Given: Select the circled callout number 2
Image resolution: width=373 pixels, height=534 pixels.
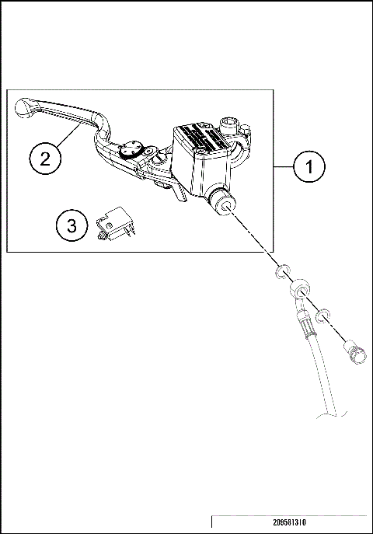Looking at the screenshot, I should pos(45,159).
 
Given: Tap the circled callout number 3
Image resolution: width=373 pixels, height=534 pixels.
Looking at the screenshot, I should pos(72,226).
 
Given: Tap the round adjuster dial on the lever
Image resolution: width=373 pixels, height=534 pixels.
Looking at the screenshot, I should pos(131,150).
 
